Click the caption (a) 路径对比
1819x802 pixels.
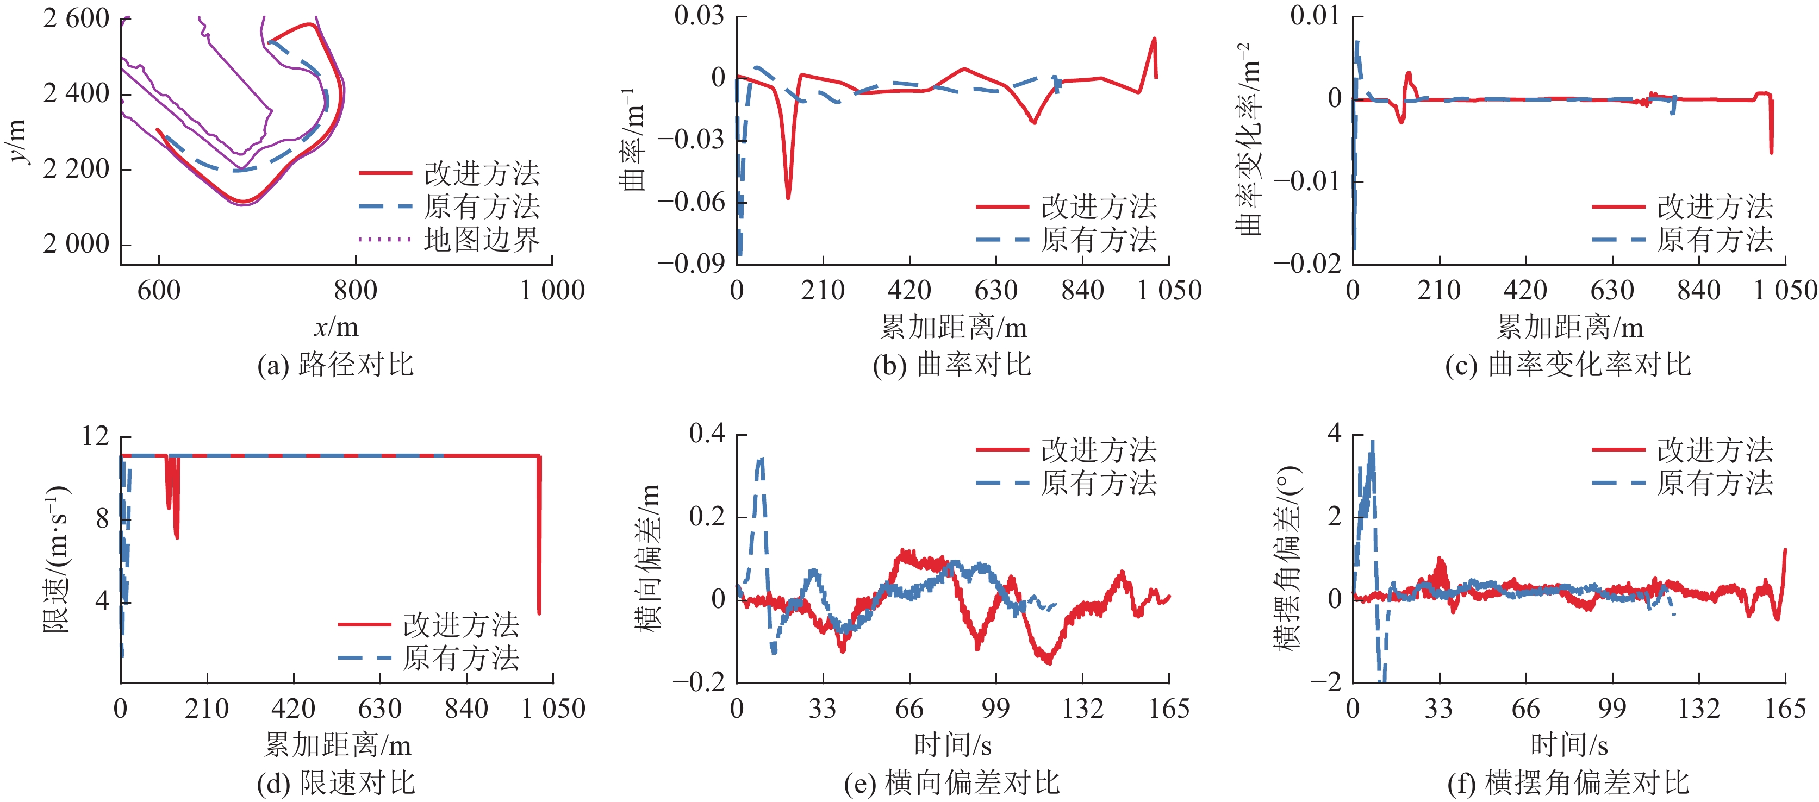(x=335, y=365)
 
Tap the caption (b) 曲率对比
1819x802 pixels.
(x=952, y=365)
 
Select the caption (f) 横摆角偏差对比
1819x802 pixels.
(x=1568, y=783)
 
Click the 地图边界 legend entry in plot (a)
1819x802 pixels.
(x=482, y=240)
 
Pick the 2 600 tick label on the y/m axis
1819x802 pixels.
(x=76, y=19)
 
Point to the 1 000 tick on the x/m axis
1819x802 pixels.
(x=552, y=290)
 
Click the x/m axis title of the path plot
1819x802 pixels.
(x=336, y=327)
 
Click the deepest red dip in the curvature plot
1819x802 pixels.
(x=788, y=197)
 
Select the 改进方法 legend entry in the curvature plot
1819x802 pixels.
(x=1099, y=207)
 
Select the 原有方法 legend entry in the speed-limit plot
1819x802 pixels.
(x=460, y=658)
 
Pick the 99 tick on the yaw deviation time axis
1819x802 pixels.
(x=1612, y=708)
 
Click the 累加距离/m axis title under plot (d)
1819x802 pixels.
(x=337, y=745)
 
